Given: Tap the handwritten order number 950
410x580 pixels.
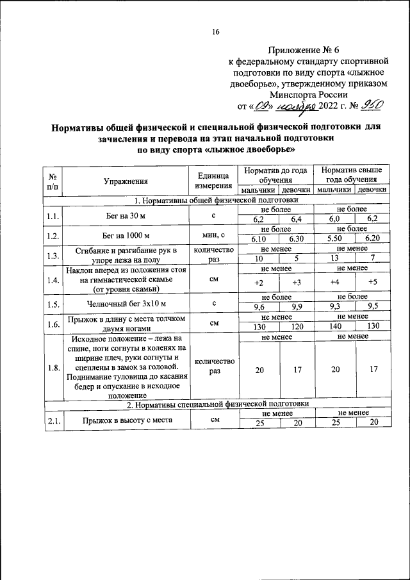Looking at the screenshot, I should coord(372,106).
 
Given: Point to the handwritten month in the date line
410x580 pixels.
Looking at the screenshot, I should coord(299,106).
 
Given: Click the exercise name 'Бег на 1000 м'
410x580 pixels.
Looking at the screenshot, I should coord(127,235).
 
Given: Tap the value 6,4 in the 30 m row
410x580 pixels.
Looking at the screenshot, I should coord(296,219).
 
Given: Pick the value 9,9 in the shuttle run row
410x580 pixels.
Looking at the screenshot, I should coord(296,306).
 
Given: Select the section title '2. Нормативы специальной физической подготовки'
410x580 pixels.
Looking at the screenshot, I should coord(217,404).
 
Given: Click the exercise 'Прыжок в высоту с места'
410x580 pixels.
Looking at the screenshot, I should coord(127,420).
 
